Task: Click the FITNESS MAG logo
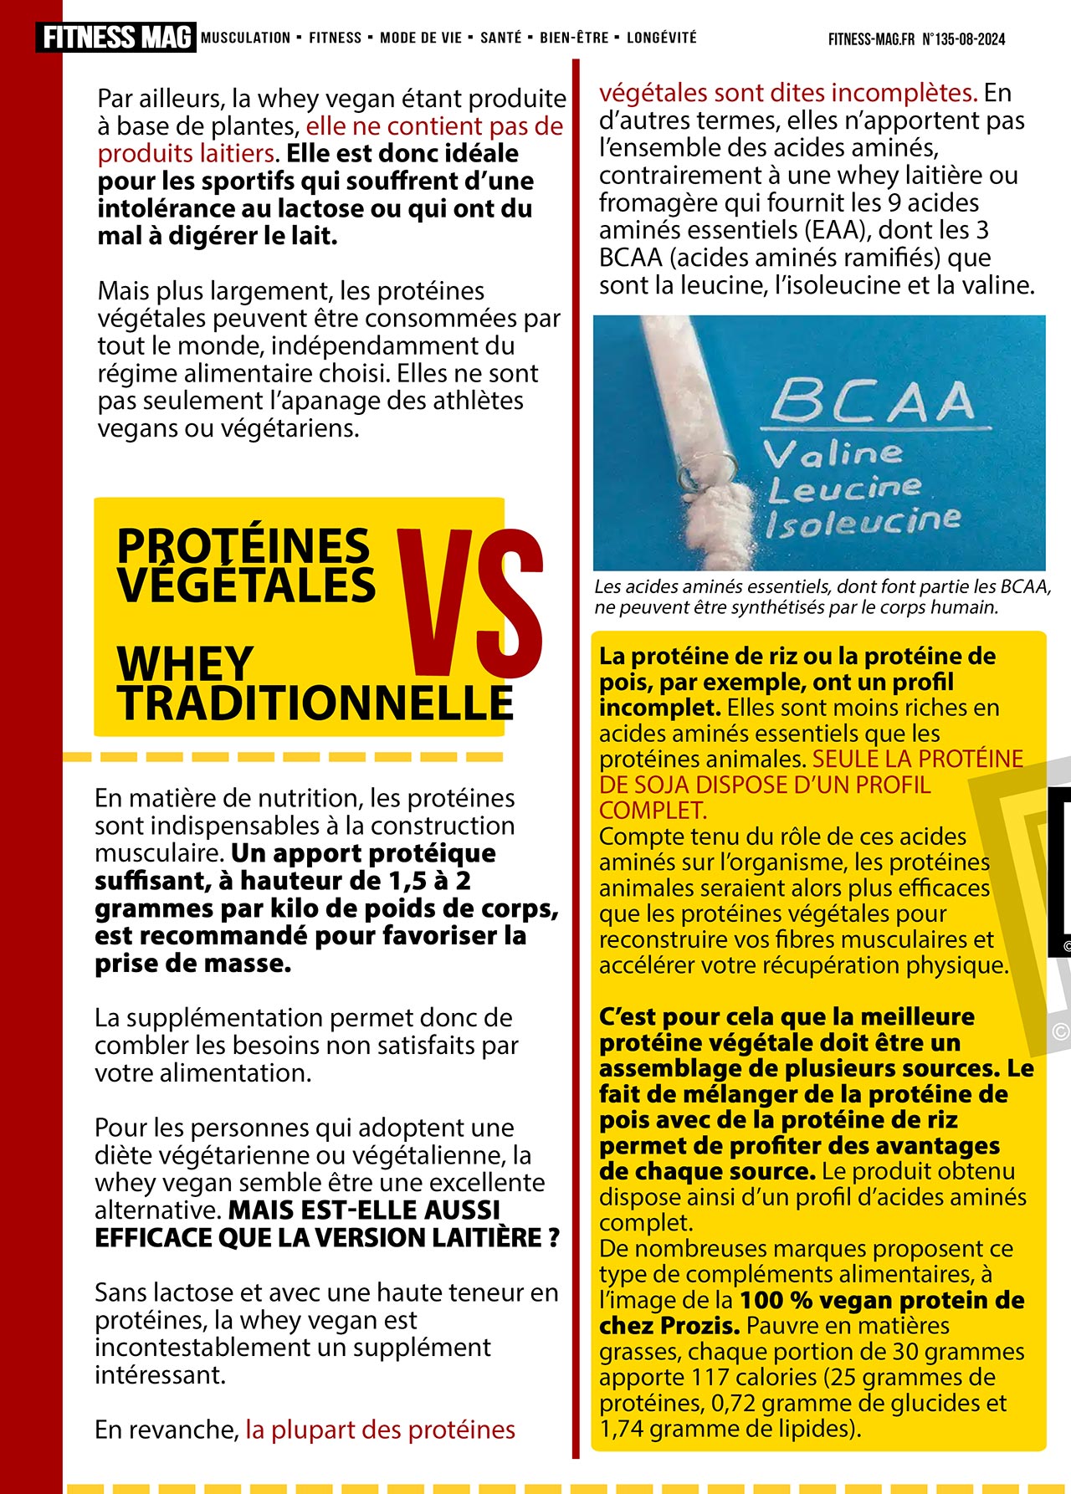click(116, 38)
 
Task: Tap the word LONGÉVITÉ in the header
click(661, 38)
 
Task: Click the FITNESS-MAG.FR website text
click(871, 39)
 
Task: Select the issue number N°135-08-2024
click(964, 39)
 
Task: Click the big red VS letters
click(470, 603)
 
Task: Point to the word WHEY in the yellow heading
click(185, 664)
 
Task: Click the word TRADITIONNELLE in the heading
click(315, 703)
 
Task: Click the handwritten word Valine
click(833, 454)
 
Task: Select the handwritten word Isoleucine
click(863, 521)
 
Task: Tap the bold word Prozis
click(699, 1326)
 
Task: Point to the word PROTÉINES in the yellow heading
click(243, 545)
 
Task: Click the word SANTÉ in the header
click(500, 38)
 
